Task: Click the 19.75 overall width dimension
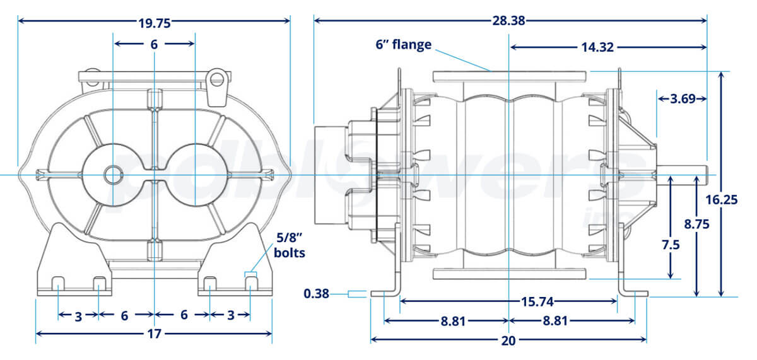155,23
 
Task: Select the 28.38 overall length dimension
508,21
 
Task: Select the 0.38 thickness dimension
317,293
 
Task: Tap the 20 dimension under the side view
508,340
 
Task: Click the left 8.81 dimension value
453,321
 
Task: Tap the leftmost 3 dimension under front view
78,316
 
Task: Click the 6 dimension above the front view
154,44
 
